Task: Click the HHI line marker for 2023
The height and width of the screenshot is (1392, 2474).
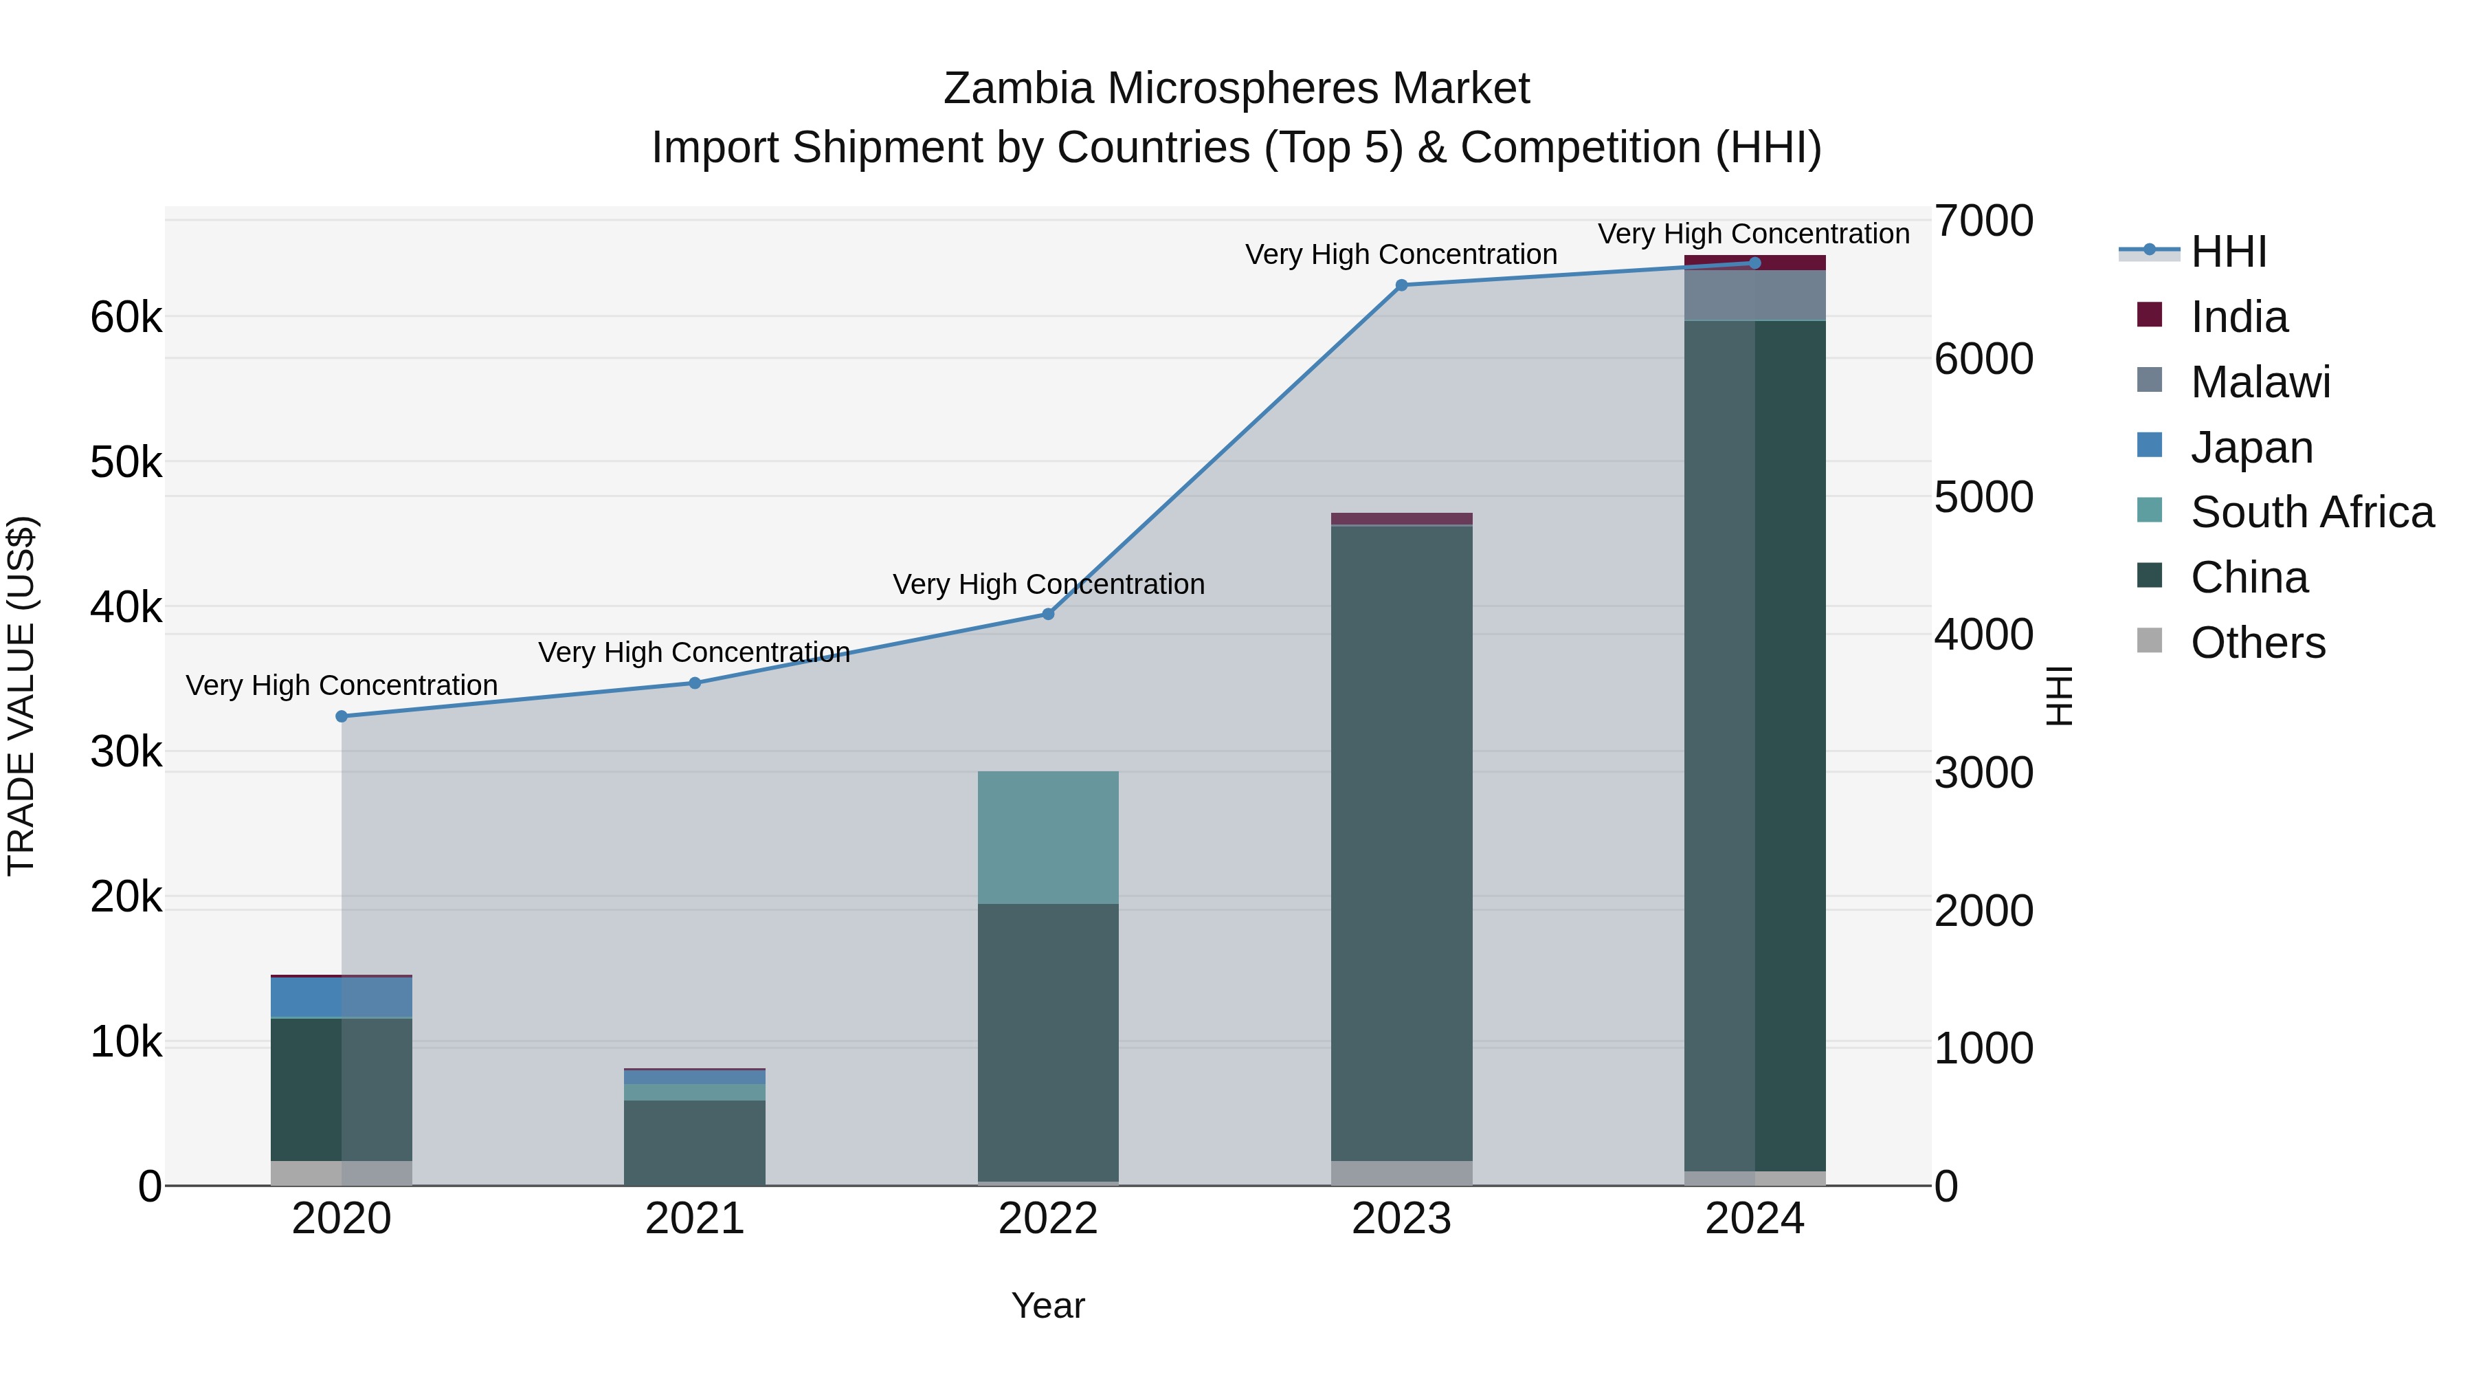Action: (1401, 285)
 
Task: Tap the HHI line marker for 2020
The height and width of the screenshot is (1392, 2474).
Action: (342, 717)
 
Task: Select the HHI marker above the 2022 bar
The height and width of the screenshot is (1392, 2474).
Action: (1048, 615)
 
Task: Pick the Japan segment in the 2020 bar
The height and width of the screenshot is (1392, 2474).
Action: (342, 997)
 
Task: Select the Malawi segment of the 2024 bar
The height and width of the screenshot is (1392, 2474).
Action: (1754, 295)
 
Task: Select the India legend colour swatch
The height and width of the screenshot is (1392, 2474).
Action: (2150, 315)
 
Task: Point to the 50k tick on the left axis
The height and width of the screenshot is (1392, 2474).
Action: (126, 463)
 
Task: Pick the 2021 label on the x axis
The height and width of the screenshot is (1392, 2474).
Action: (694, 1219)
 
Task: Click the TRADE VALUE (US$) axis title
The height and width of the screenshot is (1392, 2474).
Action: (21, 696)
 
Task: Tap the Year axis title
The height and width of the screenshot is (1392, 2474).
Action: (1048, 1305)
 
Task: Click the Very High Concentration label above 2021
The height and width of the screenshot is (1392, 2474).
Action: (693, 652)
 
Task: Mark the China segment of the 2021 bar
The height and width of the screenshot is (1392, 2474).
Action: (694, 1142)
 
